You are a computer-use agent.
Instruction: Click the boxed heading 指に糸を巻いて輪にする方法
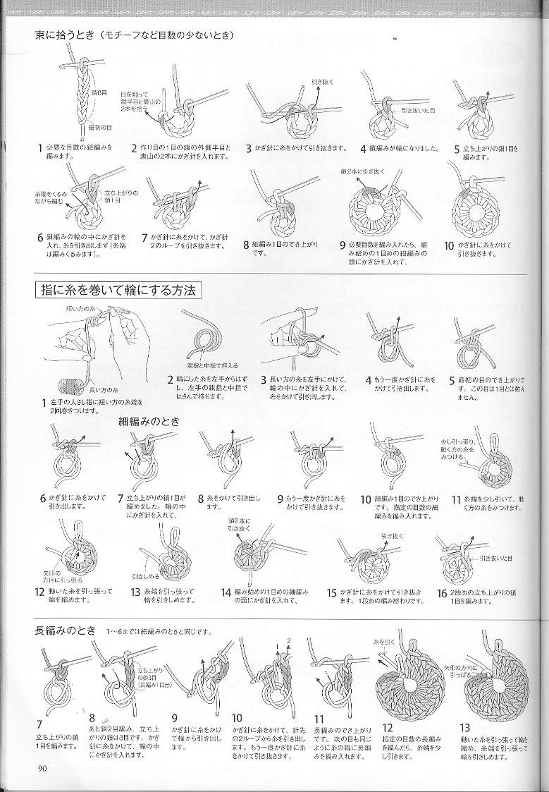(117, 290)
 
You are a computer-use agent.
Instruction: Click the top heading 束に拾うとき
(66, 34)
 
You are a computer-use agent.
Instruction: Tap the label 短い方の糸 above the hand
(81, 309)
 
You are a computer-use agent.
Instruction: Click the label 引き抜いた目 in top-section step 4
(418, 111)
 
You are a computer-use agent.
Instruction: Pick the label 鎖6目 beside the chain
(99, 92)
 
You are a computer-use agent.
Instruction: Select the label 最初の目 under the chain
(101, 128)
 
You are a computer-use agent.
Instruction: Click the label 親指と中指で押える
(213, 366)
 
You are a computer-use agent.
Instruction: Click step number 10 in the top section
(449, 245)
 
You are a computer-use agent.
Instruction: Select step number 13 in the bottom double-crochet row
(464, 728)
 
